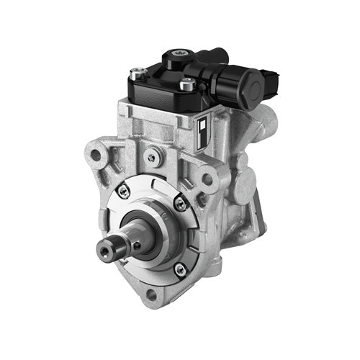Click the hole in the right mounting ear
point(207,179)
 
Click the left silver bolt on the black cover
point(135,72)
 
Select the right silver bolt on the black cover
point(187,85)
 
